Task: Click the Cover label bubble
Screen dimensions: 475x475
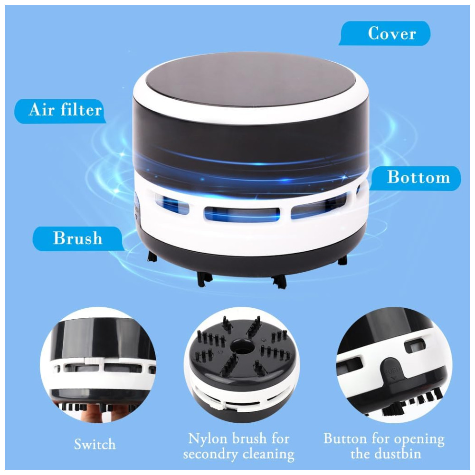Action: pos(385,33)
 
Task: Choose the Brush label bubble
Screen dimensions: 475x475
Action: pos(78,238)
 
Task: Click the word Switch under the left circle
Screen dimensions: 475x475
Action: pos(95,445)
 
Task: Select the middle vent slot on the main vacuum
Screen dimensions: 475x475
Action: pos(242,214)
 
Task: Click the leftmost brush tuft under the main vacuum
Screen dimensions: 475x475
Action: pos(152,257)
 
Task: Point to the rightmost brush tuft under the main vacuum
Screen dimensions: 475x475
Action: pos(342,260)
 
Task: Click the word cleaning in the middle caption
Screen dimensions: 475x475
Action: pos(268,455)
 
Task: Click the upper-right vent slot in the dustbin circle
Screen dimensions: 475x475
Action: pos(416,346)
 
